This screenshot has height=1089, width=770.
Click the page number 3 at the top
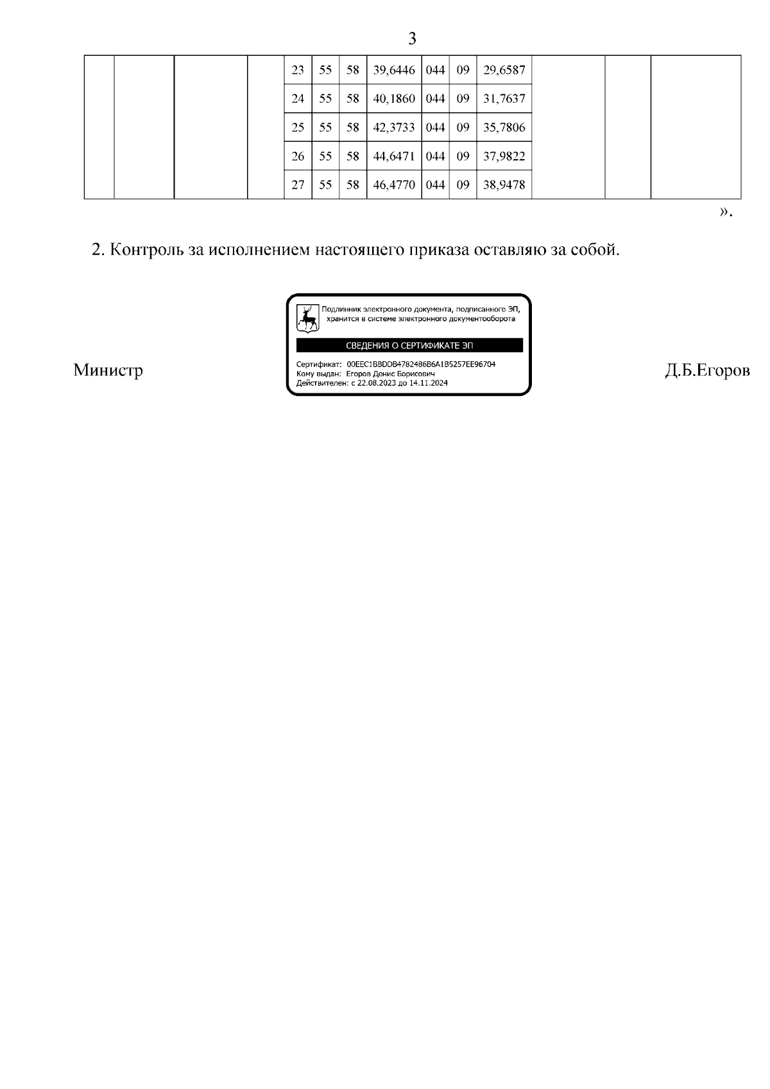pyautogui.click(x=412, y=39)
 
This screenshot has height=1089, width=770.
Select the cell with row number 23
pyautogui.click(x=298, y=70)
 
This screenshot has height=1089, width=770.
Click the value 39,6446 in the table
pyautogui.click(x=394, y=70)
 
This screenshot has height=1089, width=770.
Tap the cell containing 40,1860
pyautogui.click(x=394, y=99)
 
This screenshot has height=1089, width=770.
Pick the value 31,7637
pyautogui.click(x=504, y=99)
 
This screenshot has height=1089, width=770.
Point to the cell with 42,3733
pyautogui.click(x=394, y=128)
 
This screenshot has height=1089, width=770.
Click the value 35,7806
pyautogui.click(x=504, y=128)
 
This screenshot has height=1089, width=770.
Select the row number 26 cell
pyautogui.click(x=298, y=157)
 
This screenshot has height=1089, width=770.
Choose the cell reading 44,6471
pyautogui.click(x=394, y=157)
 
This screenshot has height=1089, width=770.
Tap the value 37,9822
pyautogui.click(x=504, y=157)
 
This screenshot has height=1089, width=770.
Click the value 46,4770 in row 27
pyautogui.click(x=394, y=185)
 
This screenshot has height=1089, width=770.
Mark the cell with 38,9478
pyautogui.click(x=504, y=185)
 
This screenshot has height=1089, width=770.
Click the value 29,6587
pyautogui.click(x=504, y=70)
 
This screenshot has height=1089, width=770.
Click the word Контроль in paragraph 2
pyautogui.click(x=146, y=250)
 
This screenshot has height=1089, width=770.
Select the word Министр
pyautogui.click(x=108, y=370)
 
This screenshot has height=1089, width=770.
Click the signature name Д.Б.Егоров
pyautogui.click(x=707, y=370)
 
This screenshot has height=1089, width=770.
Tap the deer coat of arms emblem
pyautogui.click(x=308, y=318)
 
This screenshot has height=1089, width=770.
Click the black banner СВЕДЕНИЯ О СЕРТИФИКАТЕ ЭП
pyautogui.click(x=409, y=346)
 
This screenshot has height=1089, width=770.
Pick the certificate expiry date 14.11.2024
pyautogui.click(x=428, y=383)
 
